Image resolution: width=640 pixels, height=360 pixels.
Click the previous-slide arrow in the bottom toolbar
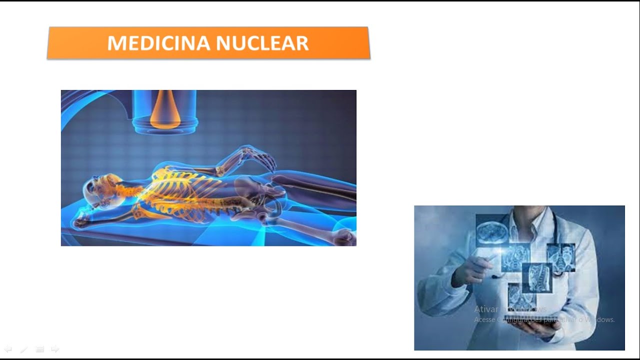click(x=8, y=349)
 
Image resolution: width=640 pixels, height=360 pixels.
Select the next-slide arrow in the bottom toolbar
click(x=55, y=349)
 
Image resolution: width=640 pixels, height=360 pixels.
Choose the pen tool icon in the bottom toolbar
click(x=23, y=349)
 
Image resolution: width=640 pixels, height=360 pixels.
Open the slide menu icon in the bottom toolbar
click(x=40, y=349)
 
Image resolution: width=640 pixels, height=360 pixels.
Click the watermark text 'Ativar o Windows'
click(x=510, y=309)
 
